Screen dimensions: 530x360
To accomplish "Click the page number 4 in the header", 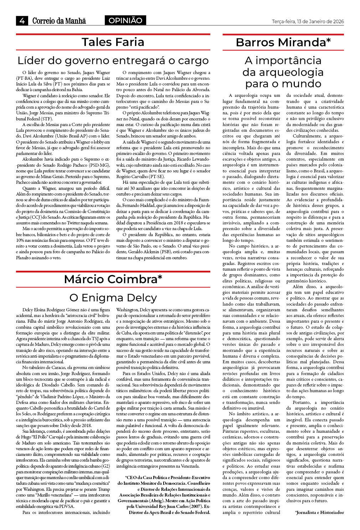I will click(x=22, y=21).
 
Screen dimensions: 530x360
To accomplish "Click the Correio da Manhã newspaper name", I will click(x=59, y=21).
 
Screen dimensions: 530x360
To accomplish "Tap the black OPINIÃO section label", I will click(x=125, y=21).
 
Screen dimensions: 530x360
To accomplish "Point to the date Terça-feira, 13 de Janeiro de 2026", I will click(x=308, y=21).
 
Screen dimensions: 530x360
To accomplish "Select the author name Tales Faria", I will click(x=113, y=42).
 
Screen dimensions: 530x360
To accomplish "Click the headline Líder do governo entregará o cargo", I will click(x=113, y=61).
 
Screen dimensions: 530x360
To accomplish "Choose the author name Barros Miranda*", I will click(x=283, y=42).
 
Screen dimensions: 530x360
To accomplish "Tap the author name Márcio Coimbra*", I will click(x=113, y=279).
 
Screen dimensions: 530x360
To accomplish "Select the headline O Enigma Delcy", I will click(x=113, y=297).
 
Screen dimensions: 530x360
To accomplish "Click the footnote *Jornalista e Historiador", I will click(x=319, y=512).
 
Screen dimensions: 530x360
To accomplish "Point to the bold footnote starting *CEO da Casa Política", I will click(x=164, y=495).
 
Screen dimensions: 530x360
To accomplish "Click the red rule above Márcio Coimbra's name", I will click(x=113, y=272).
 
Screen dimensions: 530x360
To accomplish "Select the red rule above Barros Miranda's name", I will click(x=283, y=35).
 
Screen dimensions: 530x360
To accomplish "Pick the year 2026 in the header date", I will click(x=338, y=21).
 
